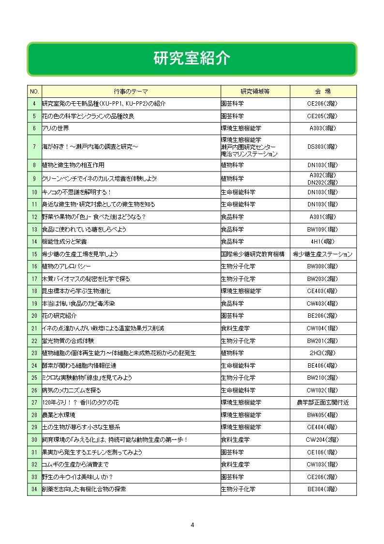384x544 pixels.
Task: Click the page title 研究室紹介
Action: (x=192, y=59)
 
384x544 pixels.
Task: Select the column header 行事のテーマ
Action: (x=131, y=91)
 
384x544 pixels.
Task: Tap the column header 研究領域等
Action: (x=255, y=91)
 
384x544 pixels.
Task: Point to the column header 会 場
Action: (x=323, y=91)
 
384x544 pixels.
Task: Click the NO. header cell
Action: (x=34, y=91)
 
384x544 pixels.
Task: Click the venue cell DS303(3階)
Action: (x=323, y=147)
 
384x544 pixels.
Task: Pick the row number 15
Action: (x=34, y=254)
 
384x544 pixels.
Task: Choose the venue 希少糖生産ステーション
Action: (x=323, y=254)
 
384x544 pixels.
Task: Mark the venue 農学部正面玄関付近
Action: (x=323, y=403)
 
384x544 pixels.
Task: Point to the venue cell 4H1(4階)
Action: (x=323, y=241)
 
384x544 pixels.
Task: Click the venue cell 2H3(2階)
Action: (x=323, y=353)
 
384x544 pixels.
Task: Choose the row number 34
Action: (x=34, y=489)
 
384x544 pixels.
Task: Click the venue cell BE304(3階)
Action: (x=323, y=489)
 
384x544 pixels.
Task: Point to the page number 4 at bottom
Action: (x=192, y=525)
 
